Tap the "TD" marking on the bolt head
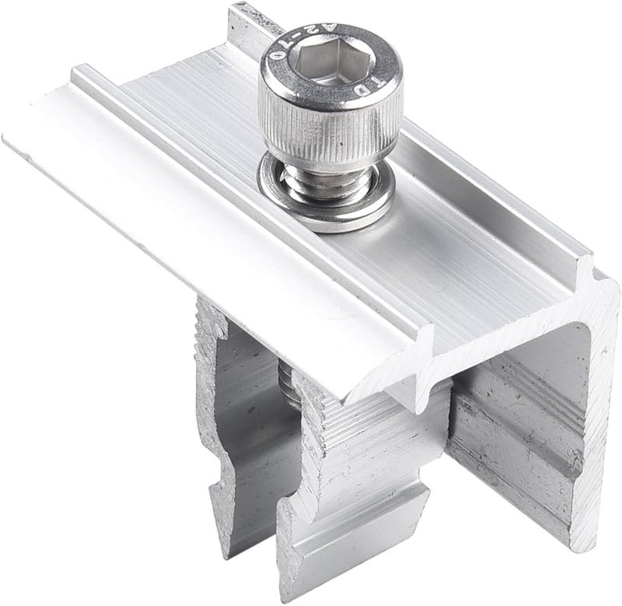[x=372, y=82]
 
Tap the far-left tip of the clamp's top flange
[x=8, y=138]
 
